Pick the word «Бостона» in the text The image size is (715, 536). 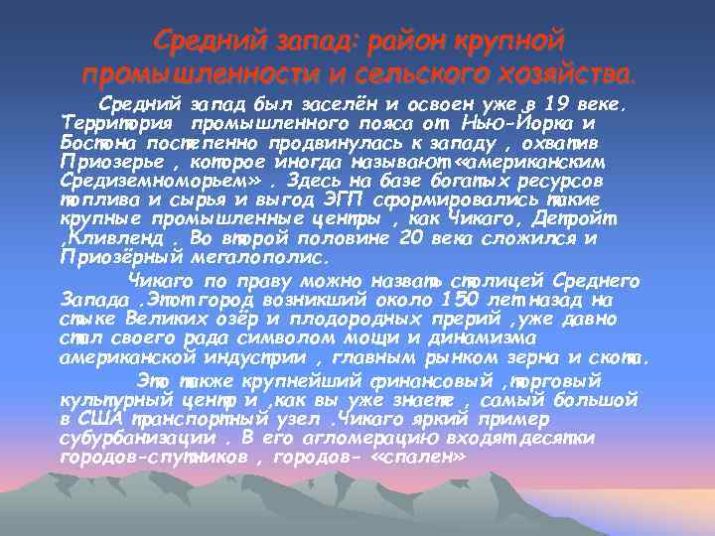point(96,143)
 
